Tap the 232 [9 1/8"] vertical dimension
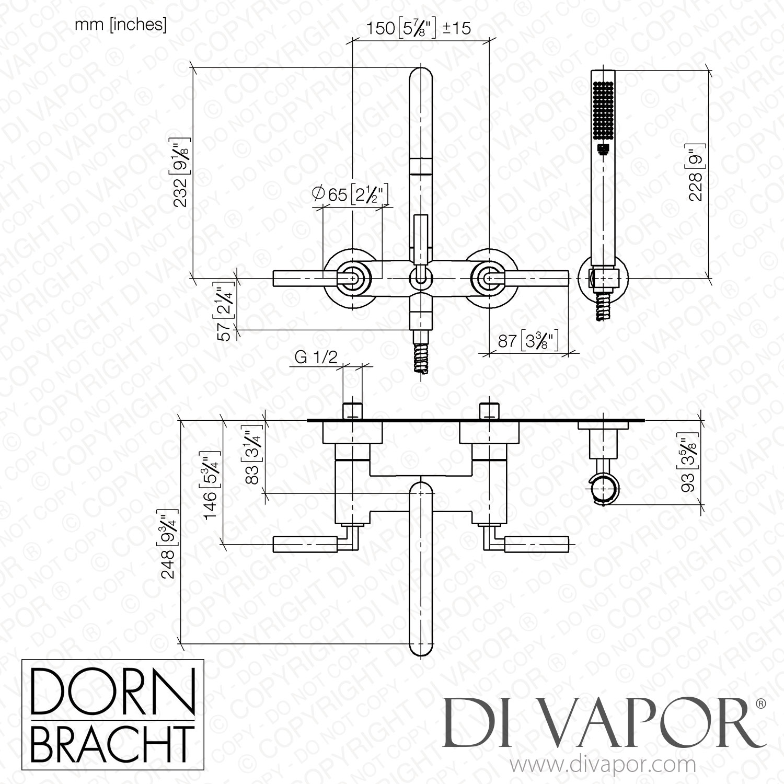(x=183, y=172)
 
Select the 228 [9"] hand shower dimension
(x=698, y=172)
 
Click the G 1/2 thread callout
(x=316, y=357)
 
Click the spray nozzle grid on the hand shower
(x=604, y=112)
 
